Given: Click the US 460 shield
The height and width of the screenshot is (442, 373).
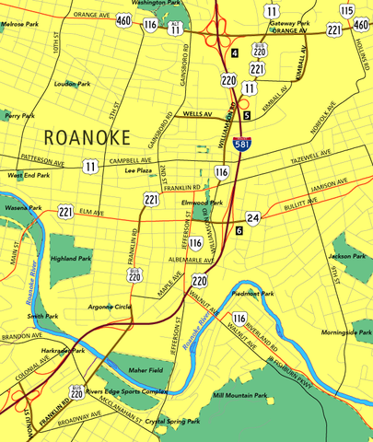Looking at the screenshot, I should pyautogui.click(x=123, y=20).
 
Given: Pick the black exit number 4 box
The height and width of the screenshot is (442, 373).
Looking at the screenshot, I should pyautogui.click(x=235, y=54).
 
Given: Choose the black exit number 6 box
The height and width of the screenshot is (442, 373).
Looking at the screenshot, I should pyautogui.click(x=239, y=230).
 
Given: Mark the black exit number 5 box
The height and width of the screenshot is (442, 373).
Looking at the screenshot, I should pyautogui.click(x=247, y=115).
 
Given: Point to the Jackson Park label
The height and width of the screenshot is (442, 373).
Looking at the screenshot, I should pyautogui.click(x=347, y=255).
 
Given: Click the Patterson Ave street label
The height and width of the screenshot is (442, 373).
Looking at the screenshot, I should pyautogui.click(x=44, y=163).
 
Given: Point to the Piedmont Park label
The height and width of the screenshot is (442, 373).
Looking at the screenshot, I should pyautogui.click(x=255, y=294).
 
